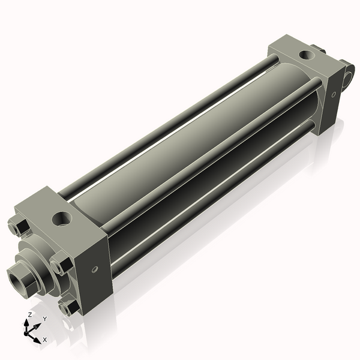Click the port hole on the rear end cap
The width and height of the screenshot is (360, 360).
coord(308,56)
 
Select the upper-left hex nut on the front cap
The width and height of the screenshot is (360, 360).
coord(18,228)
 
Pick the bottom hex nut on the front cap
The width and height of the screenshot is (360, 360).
coord(69,307)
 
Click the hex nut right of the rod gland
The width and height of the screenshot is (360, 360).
coord(61,265)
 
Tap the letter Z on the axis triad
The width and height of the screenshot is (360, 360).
coord(30,314)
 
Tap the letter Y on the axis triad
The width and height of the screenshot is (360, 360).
coord(44,318)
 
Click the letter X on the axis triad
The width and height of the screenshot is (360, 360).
coord(44,340)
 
